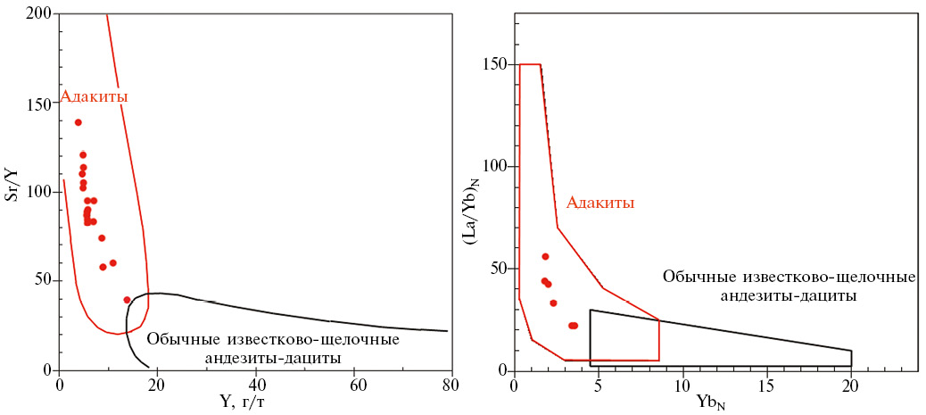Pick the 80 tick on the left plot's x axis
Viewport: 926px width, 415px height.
coord(450,385)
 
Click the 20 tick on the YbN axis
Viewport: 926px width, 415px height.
coord(851,385)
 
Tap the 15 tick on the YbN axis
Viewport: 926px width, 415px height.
coord(766,385)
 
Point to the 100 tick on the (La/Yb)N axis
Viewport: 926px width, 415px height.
coord(494,167)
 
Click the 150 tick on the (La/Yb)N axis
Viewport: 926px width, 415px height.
coord(494,64)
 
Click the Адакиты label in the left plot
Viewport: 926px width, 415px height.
coord(95,96)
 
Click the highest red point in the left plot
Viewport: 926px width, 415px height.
coord(79,122)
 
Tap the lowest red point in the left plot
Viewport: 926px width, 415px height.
coord(127,300)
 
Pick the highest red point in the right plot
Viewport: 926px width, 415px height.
coord(545,257)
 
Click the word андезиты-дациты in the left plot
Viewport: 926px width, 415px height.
coord(273,358)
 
